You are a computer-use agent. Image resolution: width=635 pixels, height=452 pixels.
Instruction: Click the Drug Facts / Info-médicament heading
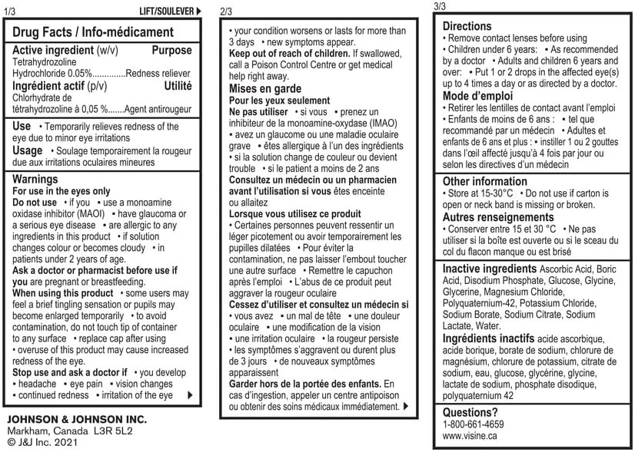tap(93, 32)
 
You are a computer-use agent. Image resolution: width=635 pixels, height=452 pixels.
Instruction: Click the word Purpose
tap(171, 50)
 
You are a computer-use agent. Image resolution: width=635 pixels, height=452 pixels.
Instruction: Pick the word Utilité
tap(178, 86)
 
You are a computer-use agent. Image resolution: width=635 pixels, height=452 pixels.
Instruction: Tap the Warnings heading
tap(35, 179)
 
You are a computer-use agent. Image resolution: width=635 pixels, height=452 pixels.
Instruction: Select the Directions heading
tap(467, 26)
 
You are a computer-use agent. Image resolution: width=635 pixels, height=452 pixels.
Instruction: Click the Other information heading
tap(484, 181)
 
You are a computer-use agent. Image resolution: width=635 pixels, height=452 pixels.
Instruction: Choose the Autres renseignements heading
tap(498, 217)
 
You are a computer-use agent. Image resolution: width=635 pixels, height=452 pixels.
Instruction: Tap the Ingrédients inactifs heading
tap(488, 338)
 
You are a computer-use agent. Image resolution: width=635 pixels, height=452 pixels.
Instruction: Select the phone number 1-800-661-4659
tap(474, 424)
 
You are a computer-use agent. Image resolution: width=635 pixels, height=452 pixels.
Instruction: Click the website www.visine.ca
tap(470, 435)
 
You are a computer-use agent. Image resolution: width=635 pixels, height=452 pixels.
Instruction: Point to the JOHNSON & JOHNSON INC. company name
tap(76, 420)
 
